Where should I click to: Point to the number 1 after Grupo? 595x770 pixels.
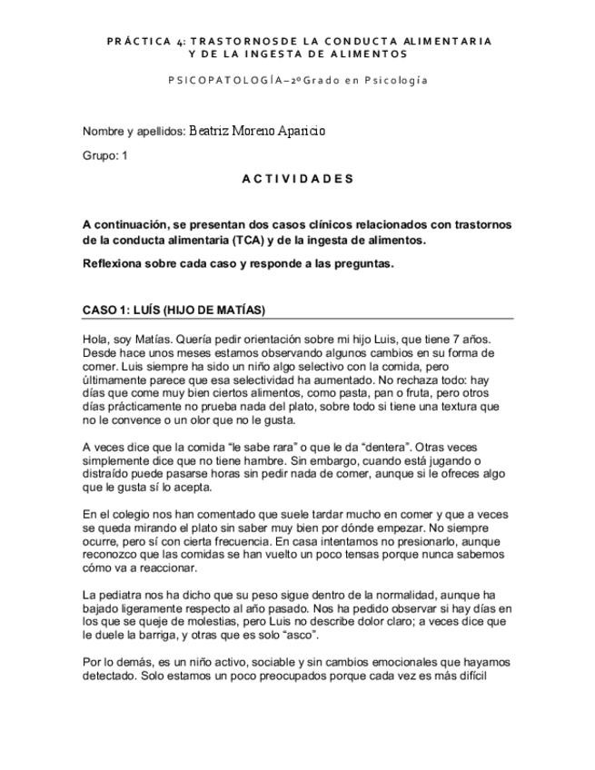point(124,156)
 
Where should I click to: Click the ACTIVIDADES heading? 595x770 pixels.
point(297,179)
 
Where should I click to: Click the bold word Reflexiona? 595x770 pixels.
point(113,264)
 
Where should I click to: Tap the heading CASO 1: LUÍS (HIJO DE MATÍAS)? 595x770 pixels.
point(174,311)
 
